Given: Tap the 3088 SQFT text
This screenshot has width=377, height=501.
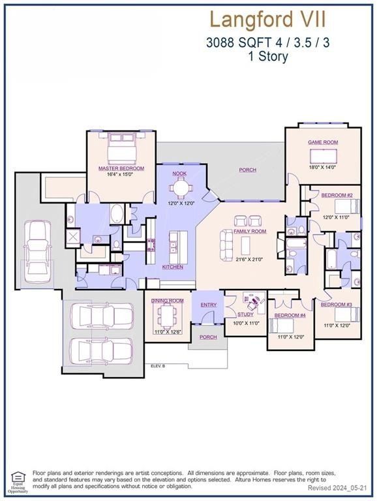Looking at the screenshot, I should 230,43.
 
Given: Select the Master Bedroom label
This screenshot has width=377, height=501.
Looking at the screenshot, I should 121,168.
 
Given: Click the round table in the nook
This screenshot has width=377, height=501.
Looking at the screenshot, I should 180,188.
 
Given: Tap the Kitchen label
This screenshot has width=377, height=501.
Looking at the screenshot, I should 173,267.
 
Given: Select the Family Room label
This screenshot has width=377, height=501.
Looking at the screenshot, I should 250,232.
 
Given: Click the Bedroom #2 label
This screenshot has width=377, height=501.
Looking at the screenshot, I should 337,196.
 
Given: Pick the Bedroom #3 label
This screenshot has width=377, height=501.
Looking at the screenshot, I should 337,305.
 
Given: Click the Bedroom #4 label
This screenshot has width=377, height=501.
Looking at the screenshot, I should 290,316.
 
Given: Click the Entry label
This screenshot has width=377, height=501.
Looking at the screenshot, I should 209,305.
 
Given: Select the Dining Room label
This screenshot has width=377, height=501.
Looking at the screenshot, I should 168,301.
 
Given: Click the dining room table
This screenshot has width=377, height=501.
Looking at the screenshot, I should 168,318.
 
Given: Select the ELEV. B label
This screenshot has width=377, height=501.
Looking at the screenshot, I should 158,367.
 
